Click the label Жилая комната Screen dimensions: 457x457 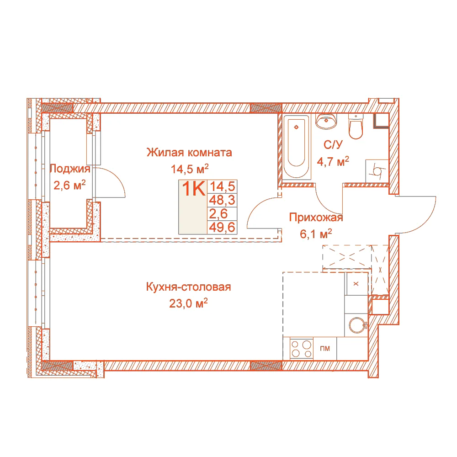189,153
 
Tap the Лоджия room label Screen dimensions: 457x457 70,169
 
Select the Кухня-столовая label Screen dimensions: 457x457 188,287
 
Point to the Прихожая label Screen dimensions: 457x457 316,218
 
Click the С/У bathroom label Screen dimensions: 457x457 333,145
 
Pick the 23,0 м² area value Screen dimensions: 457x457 188,303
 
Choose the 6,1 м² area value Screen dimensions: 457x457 316,234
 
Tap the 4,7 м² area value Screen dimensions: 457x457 333,161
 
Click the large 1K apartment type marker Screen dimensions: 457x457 193,189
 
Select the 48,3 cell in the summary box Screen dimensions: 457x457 222,200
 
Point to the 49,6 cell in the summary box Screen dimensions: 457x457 222,227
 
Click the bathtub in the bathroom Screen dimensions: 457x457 297,147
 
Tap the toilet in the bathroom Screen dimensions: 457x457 356,127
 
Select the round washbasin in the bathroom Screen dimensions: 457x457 326,121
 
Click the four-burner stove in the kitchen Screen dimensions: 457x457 301,349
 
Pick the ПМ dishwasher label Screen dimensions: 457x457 325,348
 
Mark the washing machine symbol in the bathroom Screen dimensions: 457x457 377,171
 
